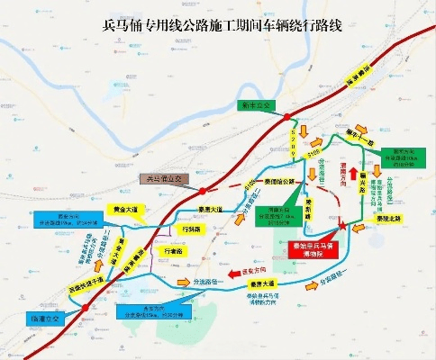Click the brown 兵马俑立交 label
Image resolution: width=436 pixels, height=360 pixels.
coord(166,179)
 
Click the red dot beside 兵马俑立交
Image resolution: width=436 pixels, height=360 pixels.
coord(203,189)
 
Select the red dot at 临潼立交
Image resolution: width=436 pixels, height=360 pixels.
coord(85,308)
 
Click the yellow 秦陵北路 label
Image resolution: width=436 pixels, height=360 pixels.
coord(388,219)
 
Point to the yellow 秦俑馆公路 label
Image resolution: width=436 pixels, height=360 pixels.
coord(281,180)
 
